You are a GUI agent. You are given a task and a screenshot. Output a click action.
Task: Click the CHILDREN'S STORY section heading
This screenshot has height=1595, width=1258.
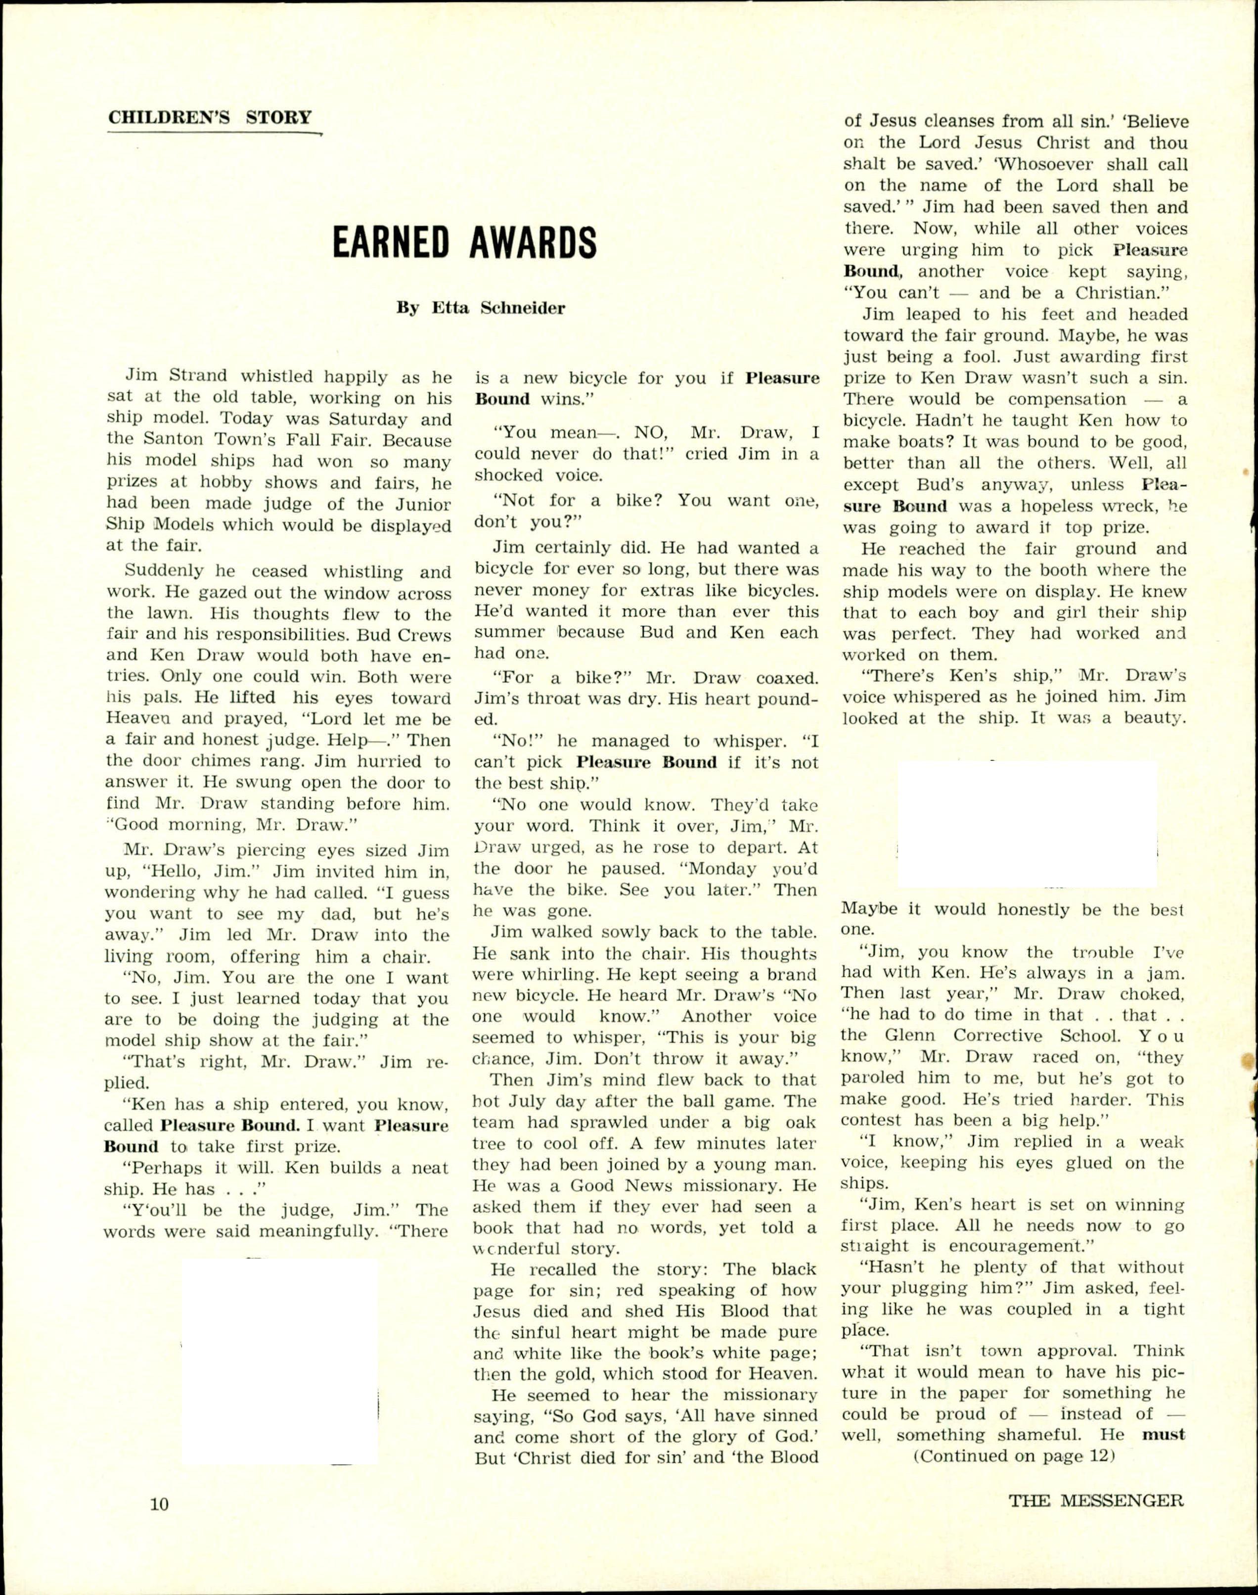point(210,118)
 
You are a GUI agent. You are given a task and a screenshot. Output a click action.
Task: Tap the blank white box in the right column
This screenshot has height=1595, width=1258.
point(1028,824)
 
